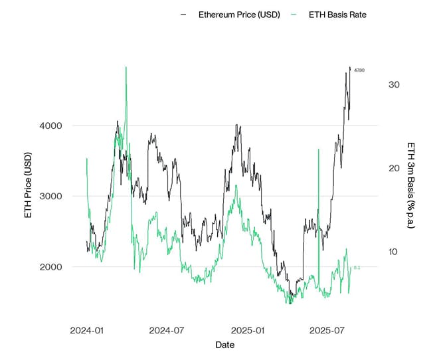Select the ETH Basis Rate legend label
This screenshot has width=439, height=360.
[x=337, y=15]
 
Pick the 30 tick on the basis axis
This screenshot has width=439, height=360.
[x=394, y=85]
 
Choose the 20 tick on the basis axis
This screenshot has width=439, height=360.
[x=394, y=168]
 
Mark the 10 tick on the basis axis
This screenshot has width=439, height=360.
[x=393, y=252]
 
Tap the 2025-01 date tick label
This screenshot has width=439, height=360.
[x=248, y=330]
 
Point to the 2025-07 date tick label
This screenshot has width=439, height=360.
[x=326, y=330]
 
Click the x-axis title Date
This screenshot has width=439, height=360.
[x=224, y=345]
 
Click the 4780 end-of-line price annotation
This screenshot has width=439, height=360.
[x=359, y=70]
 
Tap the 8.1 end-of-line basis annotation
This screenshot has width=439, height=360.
[x=357, y=268]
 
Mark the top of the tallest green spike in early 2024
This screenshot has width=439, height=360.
[x=126, y=67]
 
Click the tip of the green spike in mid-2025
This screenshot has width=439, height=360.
[x=319, y=149]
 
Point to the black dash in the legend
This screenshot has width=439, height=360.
[x=184, y=15]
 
